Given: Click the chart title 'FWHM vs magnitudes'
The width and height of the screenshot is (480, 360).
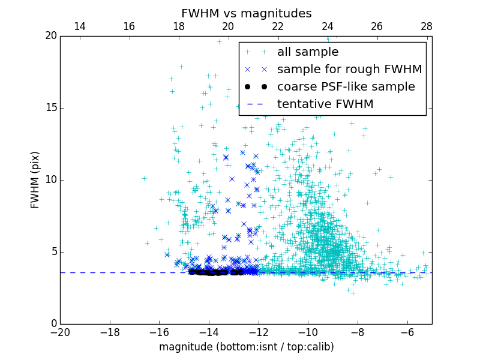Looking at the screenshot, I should click(x=246, y=13).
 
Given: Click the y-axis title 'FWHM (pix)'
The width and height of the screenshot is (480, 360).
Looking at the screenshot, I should click(x=35, y=179).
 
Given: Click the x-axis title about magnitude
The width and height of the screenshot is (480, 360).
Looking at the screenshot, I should click(x=246, y=347).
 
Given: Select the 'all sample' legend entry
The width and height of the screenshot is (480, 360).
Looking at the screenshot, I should click(x=308, y=52).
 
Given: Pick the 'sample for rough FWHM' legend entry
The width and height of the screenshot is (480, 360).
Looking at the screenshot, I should click(x=349, y=70).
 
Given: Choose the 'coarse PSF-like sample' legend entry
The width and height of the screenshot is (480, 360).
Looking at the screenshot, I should click(x=346, y=87).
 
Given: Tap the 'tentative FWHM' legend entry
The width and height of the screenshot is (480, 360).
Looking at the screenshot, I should click(x=325, y=104).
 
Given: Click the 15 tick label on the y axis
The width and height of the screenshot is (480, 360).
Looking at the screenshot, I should click(x=50, y=108).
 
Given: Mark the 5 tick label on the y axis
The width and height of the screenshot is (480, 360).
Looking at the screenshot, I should click(x=53, y=252).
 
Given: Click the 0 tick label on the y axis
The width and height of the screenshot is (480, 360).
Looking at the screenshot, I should click(x=53, y=324).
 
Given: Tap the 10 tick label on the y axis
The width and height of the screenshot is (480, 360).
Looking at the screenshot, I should click(x=50, y=180).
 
